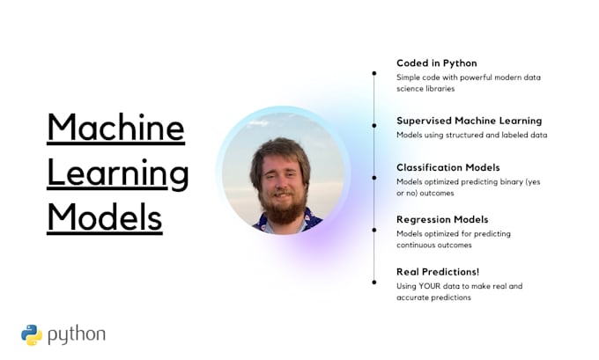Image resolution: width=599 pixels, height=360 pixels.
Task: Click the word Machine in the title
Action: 115,128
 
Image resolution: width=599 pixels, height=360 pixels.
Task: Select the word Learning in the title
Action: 117,173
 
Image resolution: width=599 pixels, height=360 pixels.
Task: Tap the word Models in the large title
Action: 105,216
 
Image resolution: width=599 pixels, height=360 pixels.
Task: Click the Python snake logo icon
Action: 32,334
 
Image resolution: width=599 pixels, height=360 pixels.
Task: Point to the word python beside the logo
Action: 77,334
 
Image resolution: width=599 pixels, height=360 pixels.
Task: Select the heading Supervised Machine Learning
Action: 469,121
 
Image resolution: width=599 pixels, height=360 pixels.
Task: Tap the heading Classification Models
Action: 447,167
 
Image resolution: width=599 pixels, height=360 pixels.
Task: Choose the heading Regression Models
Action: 442,219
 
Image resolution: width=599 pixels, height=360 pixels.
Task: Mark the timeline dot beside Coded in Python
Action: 374,73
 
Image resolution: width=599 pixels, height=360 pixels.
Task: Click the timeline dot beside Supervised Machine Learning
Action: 374,126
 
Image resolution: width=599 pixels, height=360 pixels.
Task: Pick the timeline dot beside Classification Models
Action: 374,178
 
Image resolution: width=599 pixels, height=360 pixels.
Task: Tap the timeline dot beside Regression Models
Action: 374,230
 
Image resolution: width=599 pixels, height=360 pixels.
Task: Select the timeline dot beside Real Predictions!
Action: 374,282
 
